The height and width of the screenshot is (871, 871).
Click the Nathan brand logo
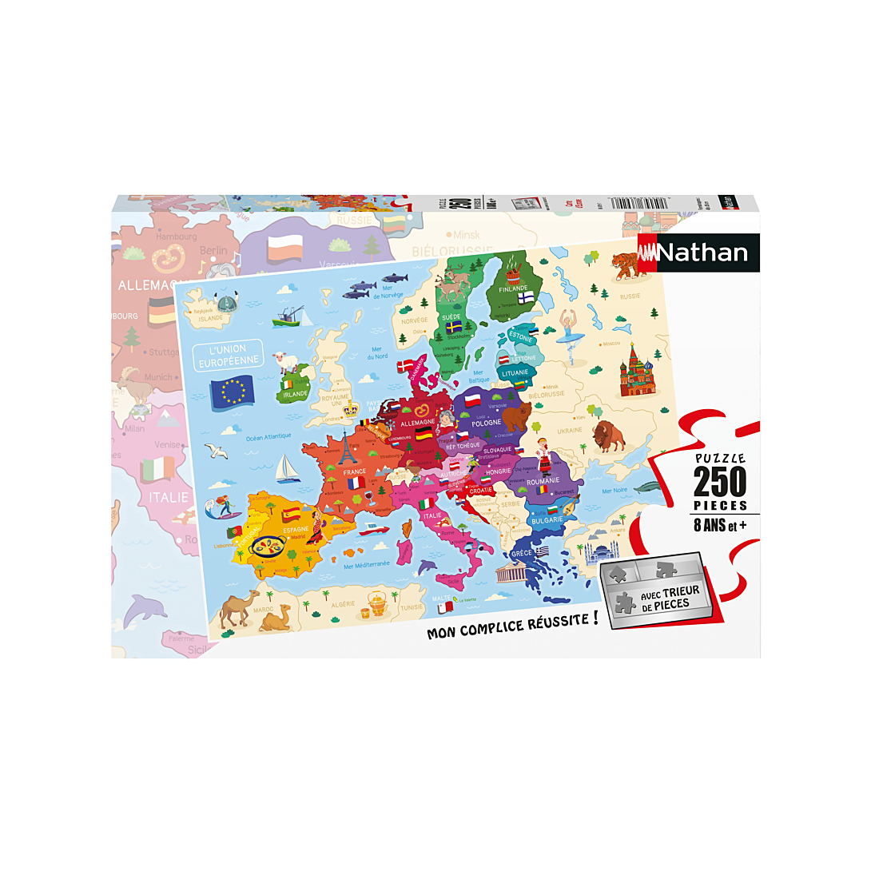pos(698,253)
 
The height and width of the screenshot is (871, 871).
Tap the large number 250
pos(719,482)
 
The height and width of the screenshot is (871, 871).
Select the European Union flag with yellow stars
pos(233,391)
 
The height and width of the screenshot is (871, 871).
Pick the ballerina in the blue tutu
pos(567,333)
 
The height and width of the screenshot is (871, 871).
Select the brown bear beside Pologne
pos(516,413)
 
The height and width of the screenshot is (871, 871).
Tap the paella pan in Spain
pos(268,547)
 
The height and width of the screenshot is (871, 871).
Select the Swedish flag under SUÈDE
pos(454,327)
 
